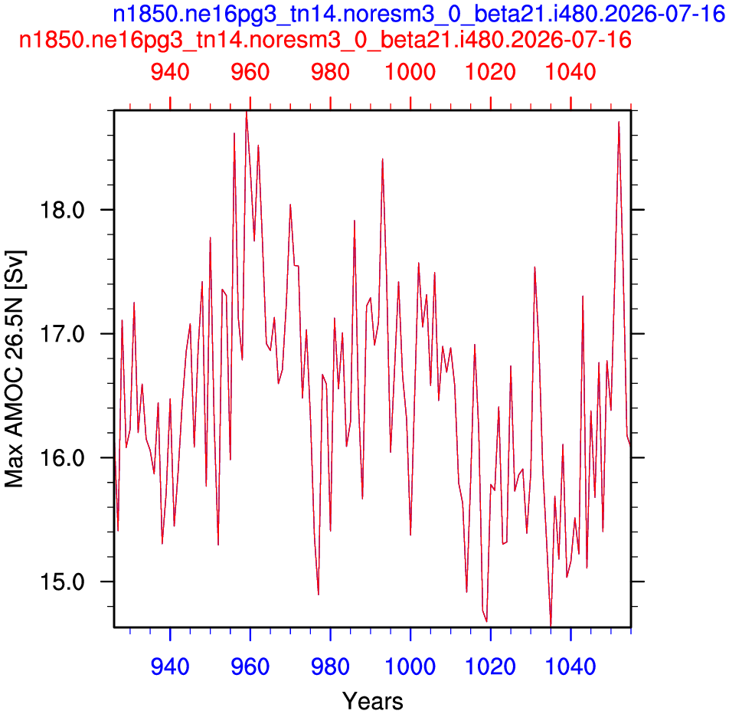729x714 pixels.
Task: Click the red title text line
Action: pos(325,40)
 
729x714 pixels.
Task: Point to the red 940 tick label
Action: pos(170,72)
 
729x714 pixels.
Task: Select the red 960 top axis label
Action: pos(250,72)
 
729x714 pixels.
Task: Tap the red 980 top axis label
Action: pos(330,72)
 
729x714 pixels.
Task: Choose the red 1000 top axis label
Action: pos(410,72)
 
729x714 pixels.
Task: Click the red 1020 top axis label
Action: pos(491,72)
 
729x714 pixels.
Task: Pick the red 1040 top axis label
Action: pos(570,72)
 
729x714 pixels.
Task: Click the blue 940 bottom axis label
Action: pos(170,667)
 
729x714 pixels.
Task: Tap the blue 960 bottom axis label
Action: pos(250,667)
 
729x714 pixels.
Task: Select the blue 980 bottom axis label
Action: pos(330,667)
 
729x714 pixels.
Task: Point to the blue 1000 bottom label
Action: pos(410,667)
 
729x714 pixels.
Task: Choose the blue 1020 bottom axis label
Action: pos(491,667)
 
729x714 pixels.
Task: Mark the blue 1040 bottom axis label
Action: pos(570,667)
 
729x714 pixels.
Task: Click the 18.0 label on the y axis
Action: pos(62,210)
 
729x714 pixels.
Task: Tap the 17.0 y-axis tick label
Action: pos(62,334)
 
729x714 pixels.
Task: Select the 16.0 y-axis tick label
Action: pos(62,458)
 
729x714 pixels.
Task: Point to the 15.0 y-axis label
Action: pos(62,582)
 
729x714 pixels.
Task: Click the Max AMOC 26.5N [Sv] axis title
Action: pos(15,368)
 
